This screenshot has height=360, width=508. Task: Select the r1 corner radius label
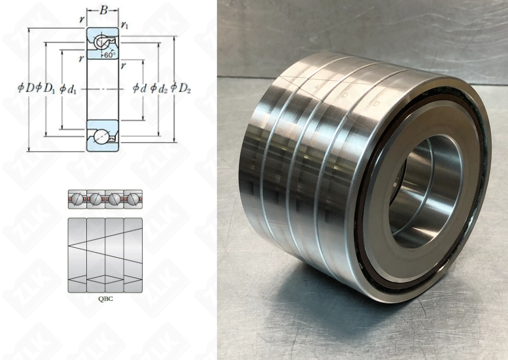coord(124,24)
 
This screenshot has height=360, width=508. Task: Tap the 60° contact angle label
coord(109,55)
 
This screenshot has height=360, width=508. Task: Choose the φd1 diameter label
coord(68,89)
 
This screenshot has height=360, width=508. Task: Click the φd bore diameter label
coord(140,88)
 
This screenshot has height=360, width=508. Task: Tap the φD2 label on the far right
coord(181,88)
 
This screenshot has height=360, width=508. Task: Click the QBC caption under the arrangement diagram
coord(105,299)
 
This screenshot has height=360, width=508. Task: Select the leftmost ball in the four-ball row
coord(78,198)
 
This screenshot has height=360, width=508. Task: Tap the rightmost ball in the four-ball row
coord(133,198)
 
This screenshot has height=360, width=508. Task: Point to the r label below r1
coord(124,65)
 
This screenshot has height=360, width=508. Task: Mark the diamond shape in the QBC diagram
coord(105,279)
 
